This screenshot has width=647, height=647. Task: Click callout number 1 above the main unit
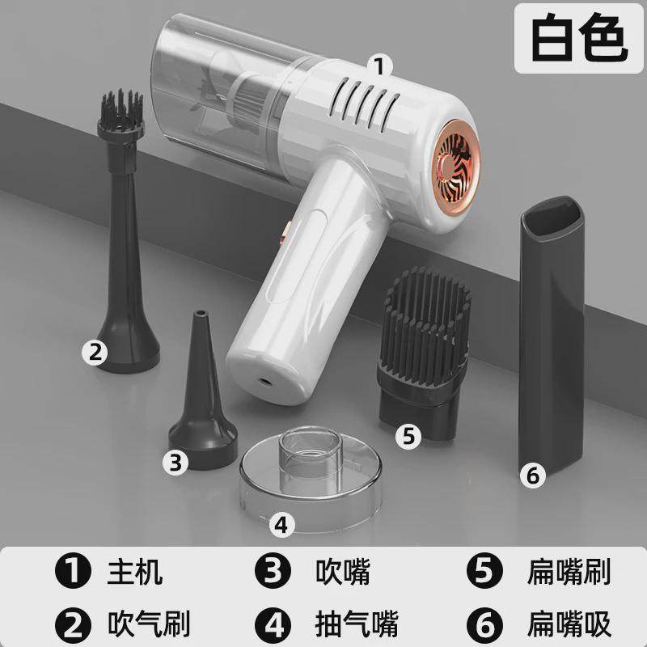pos(378,63)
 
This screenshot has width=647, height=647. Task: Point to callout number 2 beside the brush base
pos(95,350)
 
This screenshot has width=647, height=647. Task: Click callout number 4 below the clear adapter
pos(281,525)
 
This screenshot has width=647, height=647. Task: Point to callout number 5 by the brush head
pos(409,436)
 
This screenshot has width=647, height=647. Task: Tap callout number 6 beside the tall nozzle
pos(531,476)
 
